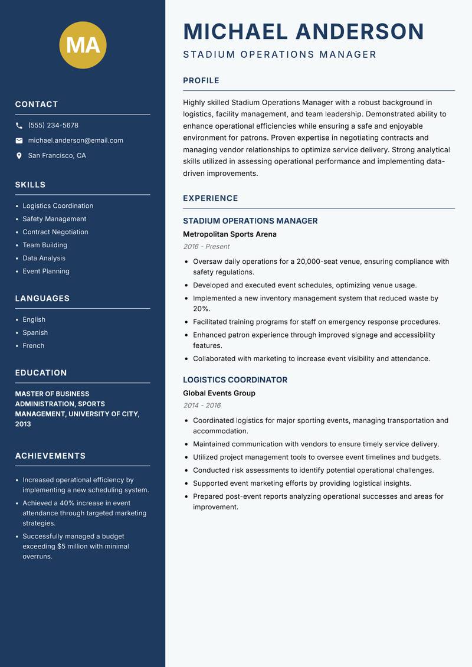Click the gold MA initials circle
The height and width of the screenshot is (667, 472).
click(83, 45)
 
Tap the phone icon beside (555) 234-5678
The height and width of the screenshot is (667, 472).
click(19, 126)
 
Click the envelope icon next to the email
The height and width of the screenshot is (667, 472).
click(19, 140)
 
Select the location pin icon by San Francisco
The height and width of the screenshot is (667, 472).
click(19, 156)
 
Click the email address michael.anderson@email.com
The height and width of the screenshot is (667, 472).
click(76, 140)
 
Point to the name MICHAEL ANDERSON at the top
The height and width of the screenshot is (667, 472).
click(303, 31)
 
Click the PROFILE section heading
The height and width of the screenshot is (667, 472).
click(201, 81)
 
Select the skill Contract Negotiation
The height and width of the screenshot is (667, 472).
click(55, 232)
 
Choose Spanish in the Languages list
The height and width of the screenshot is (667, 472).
click(35, 332)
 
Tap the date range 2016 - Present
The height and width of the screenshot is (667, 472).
click(206, 247)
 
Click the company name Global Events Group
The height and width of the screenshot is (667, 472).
click(219, 393)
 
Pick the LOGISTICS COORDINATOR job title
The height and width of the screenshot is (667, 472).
click(235, 380)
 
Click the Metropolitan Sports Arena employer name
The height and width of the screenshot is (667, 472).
click(230, 234)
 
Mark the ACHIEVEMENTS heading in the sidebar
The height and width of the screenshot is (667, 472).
click(50, 456)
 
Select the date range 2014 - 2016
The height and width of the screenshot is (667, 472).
click(202, 406)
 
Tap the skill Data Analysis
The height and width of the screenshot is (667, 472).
click(44, 258)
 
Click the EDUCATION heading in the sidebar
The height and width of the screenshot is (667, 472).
click(41, 373)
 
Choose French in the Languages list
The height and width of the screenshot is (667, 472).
click(34, 345)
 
